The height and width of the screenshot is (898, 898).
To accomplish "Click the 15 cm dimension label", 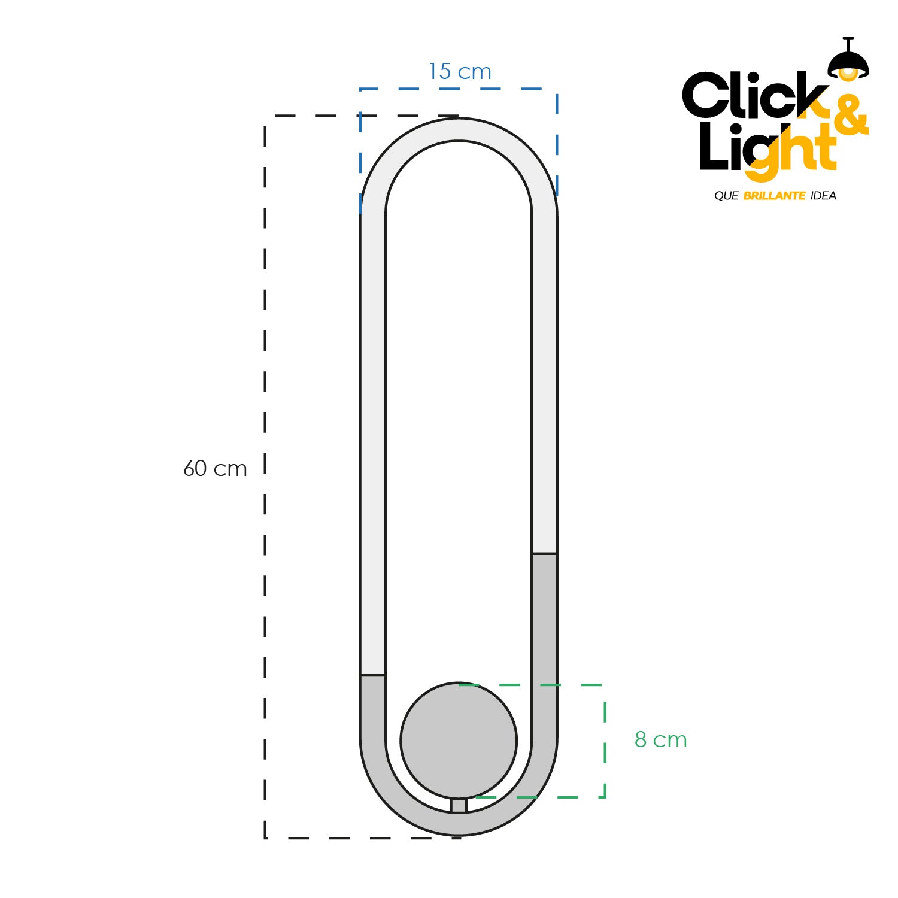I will click(460, 72).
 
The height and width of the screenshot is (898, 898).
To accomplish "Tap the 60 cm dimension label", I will click(215, 468).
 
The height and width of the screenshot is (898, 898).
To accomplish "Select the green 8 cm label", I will click(660, 740).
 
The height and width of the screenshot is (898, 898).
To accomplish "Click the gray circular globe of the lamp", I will click(459, 741).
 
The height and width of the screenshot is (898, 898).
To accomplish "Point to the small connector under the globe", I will click(459, 805).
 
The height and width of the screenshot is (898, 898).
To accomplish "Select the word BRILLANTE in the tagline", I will click(774, 196).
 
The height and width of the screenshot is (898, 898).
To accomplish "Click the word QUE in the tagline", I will click(726, 196).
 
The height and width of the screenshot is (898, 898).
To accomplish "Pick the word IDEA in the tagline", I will click(823, 196).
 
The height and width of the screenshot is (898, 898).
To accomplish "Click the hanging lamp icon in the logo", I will click(848, 61).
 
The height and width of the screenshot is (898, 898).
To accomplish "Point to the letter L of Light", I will click(713, 147).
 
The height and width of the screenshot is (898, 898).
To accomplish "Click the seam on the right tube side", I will click(544, 553).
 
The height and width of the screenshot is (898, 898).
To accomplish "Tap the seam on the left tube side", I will click(373, 675).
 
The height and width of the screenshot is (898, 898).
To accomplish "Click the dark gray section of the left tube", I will click(373, 712).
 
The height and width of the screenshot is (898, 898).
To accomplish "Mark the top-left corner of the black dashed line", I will click(265, 116).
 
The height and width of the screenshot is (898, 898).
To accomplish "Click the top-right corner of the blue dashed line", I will click(557, 89).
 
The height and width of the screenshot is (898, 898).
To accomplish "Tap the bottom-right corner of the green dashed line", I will click(605, 797).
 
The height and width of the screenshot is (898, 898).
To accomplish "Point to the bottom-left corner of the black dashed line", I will click(265, 838).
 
